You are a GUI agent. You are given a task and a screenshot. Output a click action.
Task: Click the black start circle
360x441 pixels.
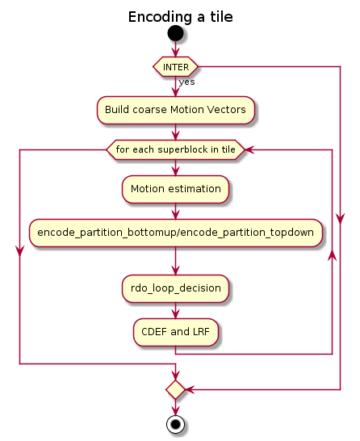coord(176,33)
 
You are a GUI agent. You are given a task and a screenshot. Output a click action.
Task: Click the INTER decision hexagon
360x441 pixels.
coord(175,67)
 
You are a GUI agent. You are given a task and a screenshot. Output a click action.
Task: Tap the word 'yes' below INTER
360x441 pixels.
coord(187,82)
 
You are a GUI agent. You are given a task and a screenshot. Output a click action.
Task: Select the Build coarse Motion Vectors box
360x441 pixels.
coord(176,110)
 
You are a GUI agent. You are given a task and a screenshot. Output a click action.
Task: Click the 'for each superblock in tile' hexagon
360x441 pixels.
coord(176,149)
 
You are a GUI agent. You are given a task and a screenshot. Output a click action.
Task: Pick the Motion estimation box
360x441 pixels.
coord(176,189)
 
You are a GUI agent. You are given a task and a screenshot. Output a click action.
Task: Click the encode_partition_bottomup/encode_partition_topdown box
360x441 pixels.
coord(176,233)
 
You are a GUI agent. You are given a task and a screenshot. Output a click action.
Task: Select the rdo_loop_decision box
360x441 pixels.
coord(176,289)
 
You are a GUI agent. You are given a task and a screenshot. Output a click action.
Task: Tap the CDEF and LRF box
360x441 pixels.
coord(176,332)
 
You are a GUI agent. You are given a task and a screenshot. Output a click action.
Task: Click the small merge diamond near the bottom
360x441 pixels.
coord(176,389)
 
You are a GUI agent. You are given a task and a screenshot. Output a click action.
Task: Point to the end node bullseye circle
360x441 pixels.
coord(176,424)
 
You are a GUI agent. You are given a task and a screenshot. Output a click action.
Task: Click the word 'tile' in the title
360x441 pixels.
coord(221,17)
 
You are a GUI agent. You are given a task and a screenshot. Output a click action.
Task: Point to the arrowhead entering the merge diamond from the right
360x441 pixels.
coord(189,389)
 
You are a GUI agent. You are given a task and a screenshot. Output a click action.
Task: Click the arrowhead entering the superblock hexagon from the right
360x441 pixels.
coord(249,149)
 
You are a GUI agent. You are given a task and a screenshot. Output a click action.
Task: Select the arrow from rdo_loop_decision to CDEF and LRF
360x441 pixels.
coord(176,310)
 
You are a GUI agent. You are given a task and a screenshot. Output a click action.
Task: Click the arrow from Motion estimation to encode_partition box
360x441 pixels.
coord(176,212)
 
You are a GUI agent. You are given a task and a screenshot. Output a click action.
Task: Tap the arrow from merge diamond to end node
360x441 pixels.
coord(176,407)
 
